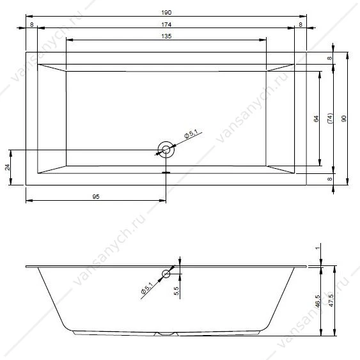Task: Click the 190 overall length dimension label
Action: point(166,12)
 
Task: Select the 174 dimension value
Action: point(166,24)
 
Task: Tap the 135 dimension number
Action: point(166,36)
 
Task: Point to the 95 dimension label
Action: point(96,197)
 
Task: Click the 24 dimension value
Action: point(8,167)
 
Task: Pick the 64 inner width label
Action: point(316,119)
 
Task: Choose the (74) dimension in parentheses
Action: point(330,118)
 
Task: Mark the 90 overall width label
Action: point(344,119)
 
